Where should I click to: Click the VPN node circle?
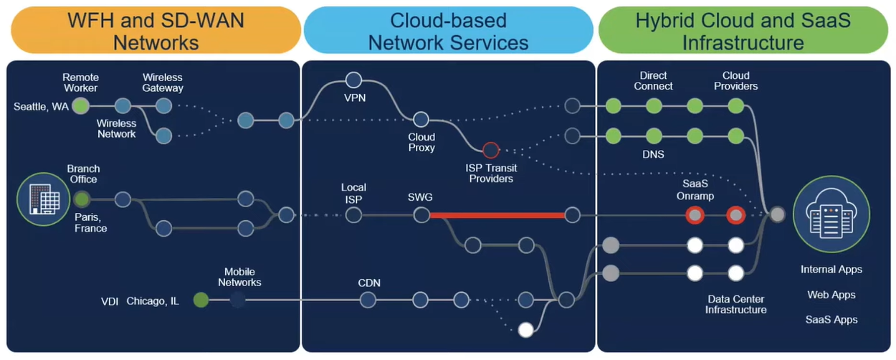coord(353,80)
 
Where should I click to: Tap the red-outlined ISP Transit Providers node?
coord(491,150)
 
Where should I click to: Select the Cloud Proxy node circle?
coord(421,119)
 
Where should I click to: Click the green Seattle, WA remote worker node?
coord(81,106)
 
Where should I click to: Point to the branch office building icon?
coord(43,199)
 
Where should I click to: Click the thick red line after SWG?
coord(497,215)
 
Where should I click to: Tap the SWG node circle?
coord(421,215)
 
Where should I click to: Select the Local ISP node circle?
coord(353,215)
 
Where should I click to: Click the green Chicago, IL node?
coord(201,300)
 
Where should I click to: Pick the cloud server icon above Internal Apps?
coord(831,214)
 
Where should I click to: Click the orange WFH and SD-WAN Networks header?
coord(156,30)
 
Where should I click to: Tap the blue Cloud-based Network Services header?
coord(449,30)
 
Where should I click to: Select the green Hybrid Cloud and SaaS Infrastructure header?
coord(743,30)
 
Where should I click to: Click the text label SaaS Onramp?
coord(695,189)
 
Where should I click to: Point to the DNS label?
coord(653,154)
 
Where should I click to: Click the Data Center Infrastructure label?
coord(735,304)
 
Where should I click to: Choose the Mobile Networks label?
coord(239,278)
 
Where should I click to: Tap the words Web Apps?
coord(831,295)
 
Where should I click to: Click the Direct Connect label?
coord(653,81)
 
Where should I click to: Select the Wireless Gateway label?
coord(163,82)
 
